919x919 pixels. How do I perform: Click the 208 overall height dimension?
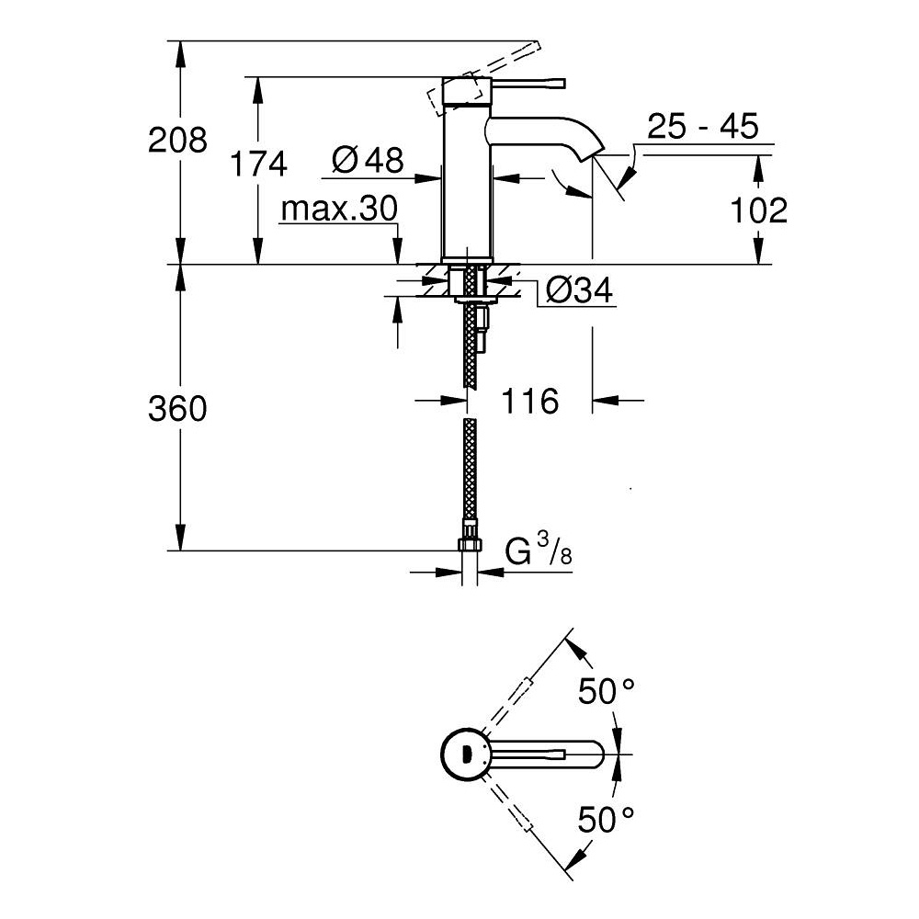[178, 141]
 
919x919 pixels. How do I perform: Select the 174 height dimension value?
[258, 165]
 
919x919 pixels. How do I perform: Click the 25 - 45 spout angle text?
[702, 127]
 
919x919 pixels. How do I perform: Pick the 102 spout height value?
[758, 210]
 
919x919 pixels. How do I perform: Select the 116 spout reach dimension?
[529, 401]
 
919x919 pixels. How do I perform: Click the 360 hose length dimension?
[177, 409]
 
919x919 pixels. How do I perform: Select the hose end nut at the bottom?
[470, 541]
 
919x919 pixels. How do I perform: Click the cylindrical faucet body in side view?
[467, 184]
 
